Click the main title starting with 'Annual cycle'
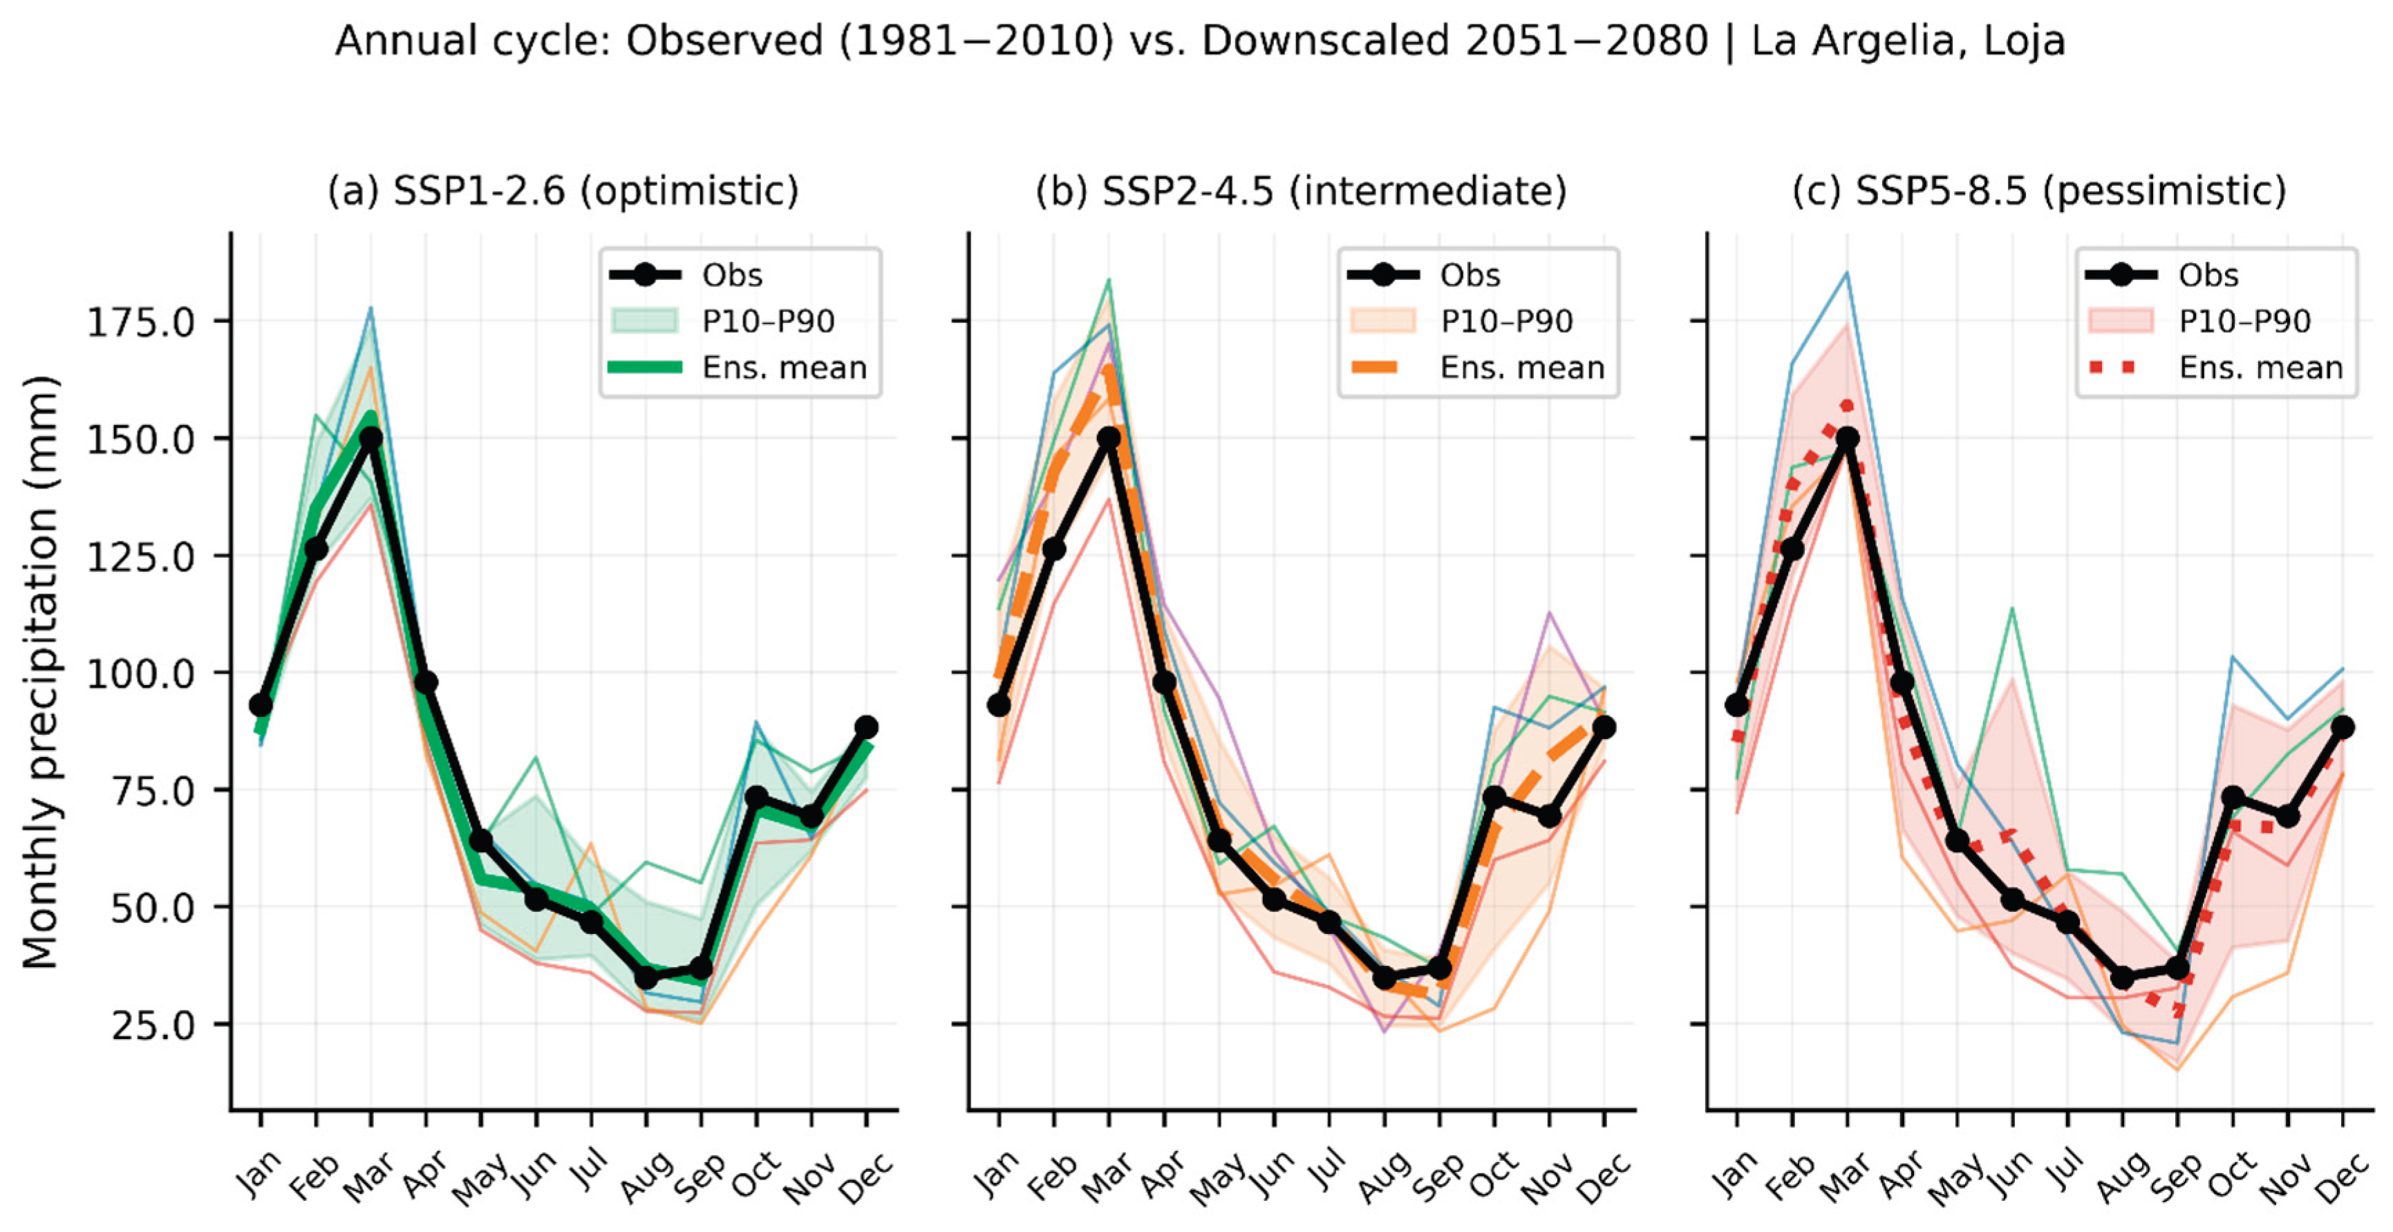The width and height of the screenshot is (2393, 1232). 1199,41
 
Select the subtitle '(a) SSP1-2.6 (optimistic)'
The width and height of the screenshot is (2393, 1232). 563,192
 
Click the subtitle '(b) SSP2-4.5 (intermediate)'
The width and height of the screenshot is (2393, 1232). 1302,192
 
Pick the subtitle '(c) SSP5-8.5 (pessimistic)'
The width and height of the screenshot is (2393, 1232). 2039,192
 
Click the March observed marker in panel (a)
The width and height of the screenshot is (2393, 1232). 370,438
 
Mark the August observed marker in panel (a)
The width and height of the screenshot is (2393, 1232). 646,978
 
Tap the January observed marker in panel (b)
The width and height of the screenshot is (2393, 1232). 999,705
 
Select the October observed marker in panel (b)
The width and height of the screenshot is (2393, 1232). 1494,797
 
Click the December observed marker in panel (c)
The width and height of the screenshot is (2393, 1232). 2342,727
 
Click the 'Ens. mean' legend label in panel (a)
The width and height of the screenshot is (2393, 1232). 784,368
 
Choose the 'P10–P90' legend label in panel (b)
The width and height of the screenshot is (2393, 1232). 1507,321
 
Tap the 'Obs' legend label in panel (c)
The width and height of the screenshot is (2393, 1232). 2209,275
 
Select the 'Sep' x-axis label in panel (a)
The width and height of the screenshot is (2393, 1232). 700,1178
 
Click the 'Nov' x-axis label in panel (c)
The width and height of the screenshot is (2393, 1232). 2285,1178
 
